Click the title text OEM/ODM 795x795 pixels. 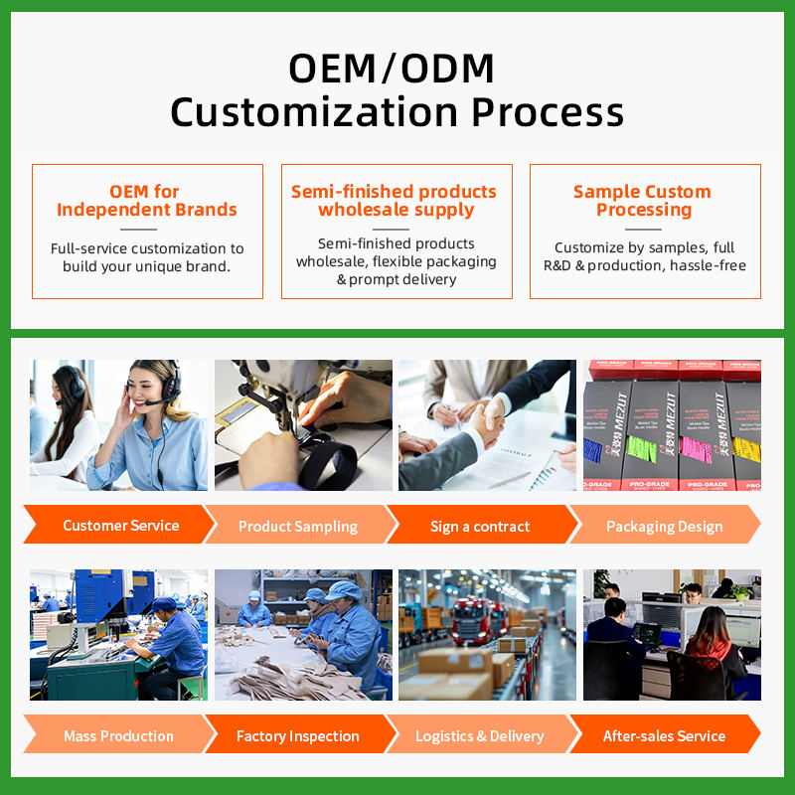pyautogui.click(x=391, y=69)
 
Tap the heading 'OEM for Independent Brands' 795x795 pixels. pyautogui.click(x=146, y=201)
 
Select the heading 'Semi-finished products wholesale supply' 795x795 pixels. pyautogui.click(x=394, y=201)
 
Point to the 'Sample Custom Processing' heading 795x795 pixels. pyautogui.click(x=643, y=201)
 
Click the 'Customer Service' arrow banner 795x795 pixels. pyautogui.click(x=119, y=525)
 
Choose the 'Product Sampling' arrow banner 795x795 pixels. pyautogui.click(x=300, y=526)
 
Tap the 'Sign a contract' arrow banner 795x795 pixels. pyautogui.click(x=481, y=526)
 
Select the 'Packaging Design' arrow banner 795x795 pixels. pyautogui.click(x=665, y=526)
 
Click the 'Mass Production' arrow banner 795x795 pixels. pyautogui.click(x=119, y=734)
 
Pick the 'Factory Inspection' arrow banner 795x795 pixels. pyautogui.click(x=300, y=734)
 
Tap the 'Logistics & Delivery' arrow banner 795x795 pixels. pyautogui.click(x=481, y=734)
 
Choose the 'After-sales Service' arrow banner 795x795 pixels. pyautogui.click(x=665, y=734)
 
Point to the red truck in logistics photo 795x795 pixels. pyautogui.click(x=471, y=620)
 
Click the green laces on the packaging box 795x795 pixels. pyautogui.click(x=642, y=448)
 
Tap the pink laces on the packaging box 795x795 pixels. pyautogui.click(x=697, y=448)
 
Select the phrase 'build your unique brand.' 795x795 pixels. pyautogui.click(x=146, y=266)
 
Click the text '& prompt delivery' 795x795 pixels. pyautogui.click(x=397, y=279)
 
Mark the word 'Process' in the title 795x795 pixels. pyautogui.click(x=548, y=112)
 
